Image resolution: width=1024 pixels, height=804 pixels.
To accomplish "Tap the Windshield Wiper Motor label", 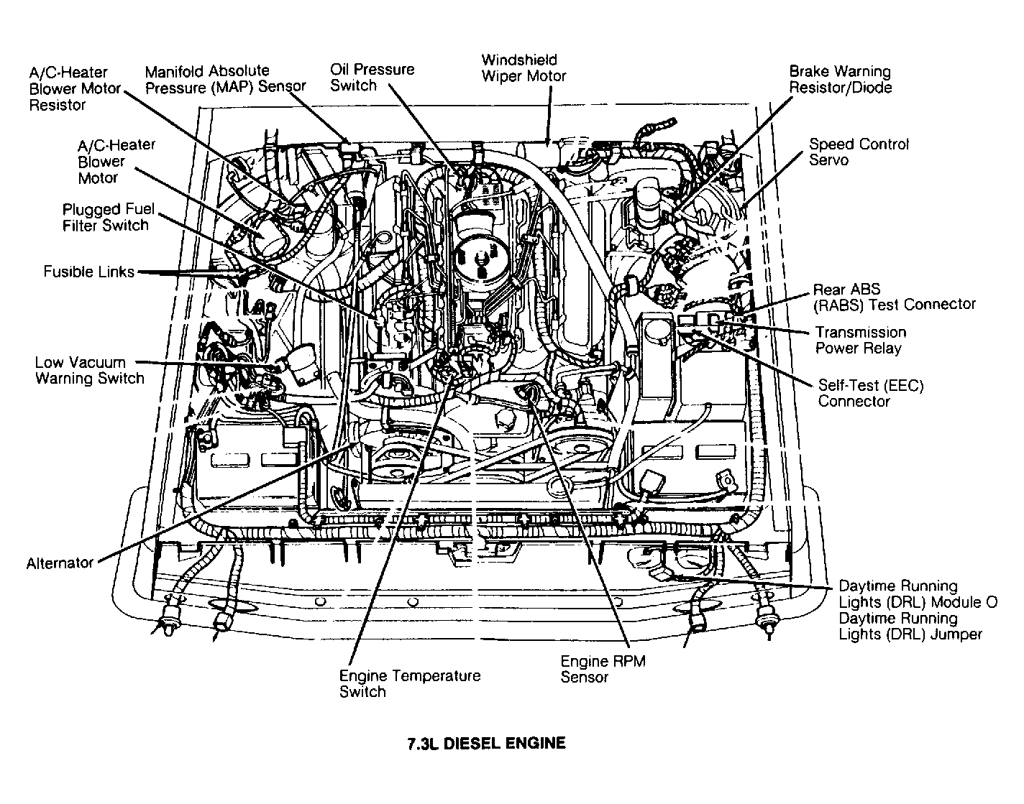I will coord(524,68).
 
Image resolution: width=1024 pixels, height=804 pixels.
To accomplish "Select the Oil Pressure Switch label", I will coord(372,78).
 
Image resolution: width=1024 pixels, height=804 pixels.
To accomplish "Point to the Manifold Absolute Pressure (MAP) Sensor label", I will coord(225,79).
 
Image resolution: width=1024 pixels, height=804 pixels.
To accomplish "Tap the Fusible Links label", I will coord(88,272).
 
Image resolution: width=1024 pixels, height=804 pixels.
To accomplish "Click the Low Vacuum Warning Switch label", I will coord(89,371).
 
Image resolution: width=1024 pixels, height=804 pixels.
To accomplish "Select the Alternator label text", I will coord(60,563).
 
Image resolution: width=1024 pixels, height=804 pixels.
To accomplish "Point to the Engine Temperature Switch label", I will coord(410,683).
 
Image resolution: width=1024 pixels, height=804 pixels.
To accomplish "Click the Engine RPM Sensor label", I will coord(603,669).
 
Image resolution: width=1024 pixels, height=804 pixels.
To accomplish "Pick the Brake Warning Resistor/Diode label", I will coord(840,80).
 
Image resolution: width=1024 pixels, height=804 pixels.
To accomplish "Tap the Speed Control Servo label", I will coord(859,152).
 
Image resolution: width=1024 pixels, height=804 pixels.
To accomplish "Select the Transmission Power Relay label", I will coord(860,341).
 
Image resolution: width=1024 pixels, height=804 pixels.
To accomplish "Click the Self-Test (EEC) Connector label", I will coord(870,393).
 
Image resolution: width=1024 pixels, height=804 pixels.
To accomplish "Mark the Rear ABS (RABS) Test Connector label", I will coord(894,297).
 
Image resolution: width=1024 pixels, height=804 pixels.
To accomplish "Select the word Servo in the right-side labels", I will coord(828,160).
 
